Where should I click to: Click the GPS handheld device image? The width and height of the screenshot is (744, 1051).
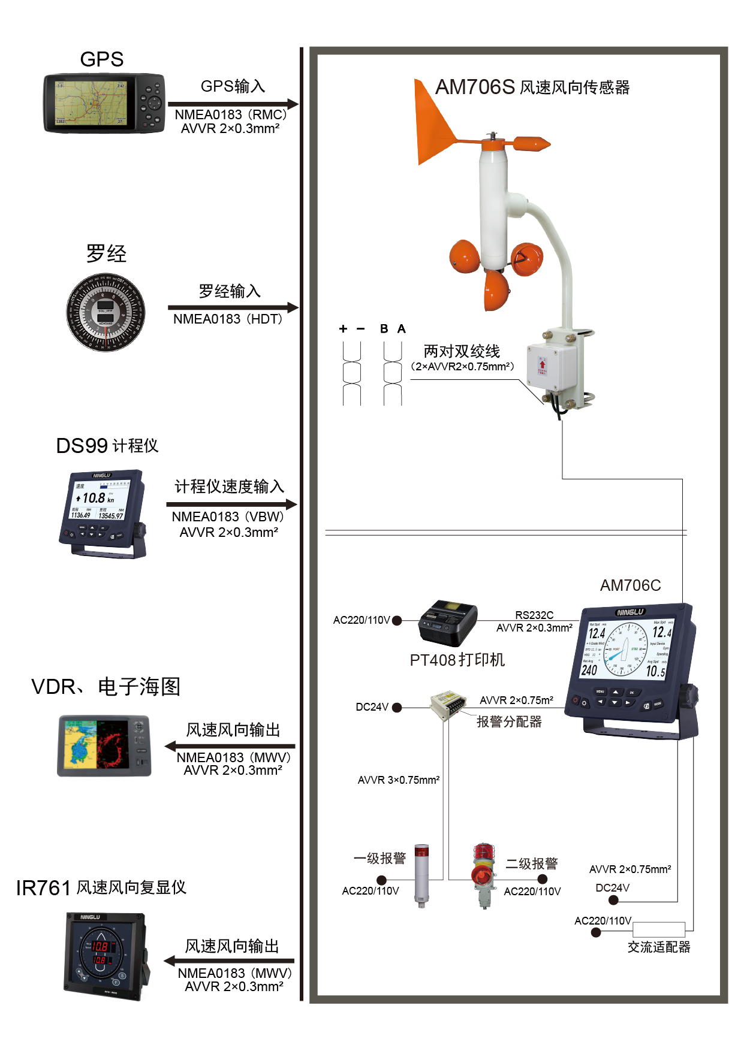[104, 103]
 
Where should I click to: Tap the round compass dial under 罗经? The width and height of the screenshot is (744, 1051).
[106, 312]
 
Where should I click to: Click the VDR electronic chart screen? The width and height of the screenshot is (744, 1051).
[104, 745]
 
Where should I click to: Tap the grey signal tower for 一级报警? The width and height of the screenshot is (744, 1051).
[422, 875]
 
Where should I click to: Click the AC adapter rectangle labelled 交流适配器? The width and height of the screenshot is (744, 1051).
[658, 929]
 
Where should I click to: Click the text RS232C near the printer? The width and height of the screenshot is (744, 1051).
[534, 615]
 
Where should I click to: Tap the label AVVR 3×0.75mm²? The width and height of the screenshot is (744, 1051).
[399, 780]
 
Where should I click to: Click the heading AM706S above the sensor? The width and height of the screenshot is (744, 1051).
[475, 87]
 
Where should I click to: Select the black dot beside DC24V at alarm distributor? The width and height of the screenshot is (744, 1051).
[397, 707]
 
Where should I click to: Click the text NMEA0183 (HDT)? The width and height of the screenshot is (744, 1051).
[228, 319]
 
